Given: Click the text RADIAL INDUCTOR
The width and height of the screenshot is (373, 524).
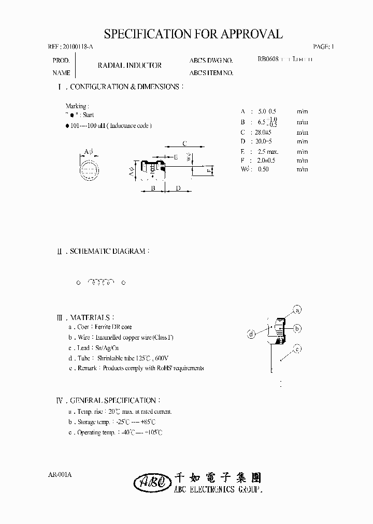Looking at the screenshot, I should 130,66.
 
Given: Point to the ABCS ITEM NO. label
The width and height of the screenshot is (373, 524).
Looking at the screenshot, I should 211,73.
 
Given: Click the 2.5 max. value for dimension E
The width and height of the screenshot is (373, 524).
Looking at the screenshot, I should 268,151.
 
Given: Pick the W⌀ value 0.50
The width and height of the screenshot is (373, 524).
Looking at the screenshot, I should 265,169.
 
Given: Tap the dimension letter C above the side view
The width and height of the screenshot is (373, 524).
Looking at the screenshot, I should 184,143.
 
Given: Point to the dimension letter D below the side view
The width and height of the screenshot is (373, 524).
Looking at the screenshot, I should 178,188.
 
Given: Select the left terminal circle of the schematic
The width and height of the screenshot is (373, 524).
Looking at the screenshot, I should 79,283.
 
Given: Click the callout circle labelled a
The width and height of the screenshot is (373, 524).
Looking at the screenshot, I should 297,310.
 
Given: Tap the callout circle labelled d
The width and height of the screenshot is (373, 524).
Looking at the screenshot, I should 251,334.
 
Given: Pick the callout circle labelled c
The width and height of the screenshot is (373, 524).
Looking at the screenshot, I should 297,349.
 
